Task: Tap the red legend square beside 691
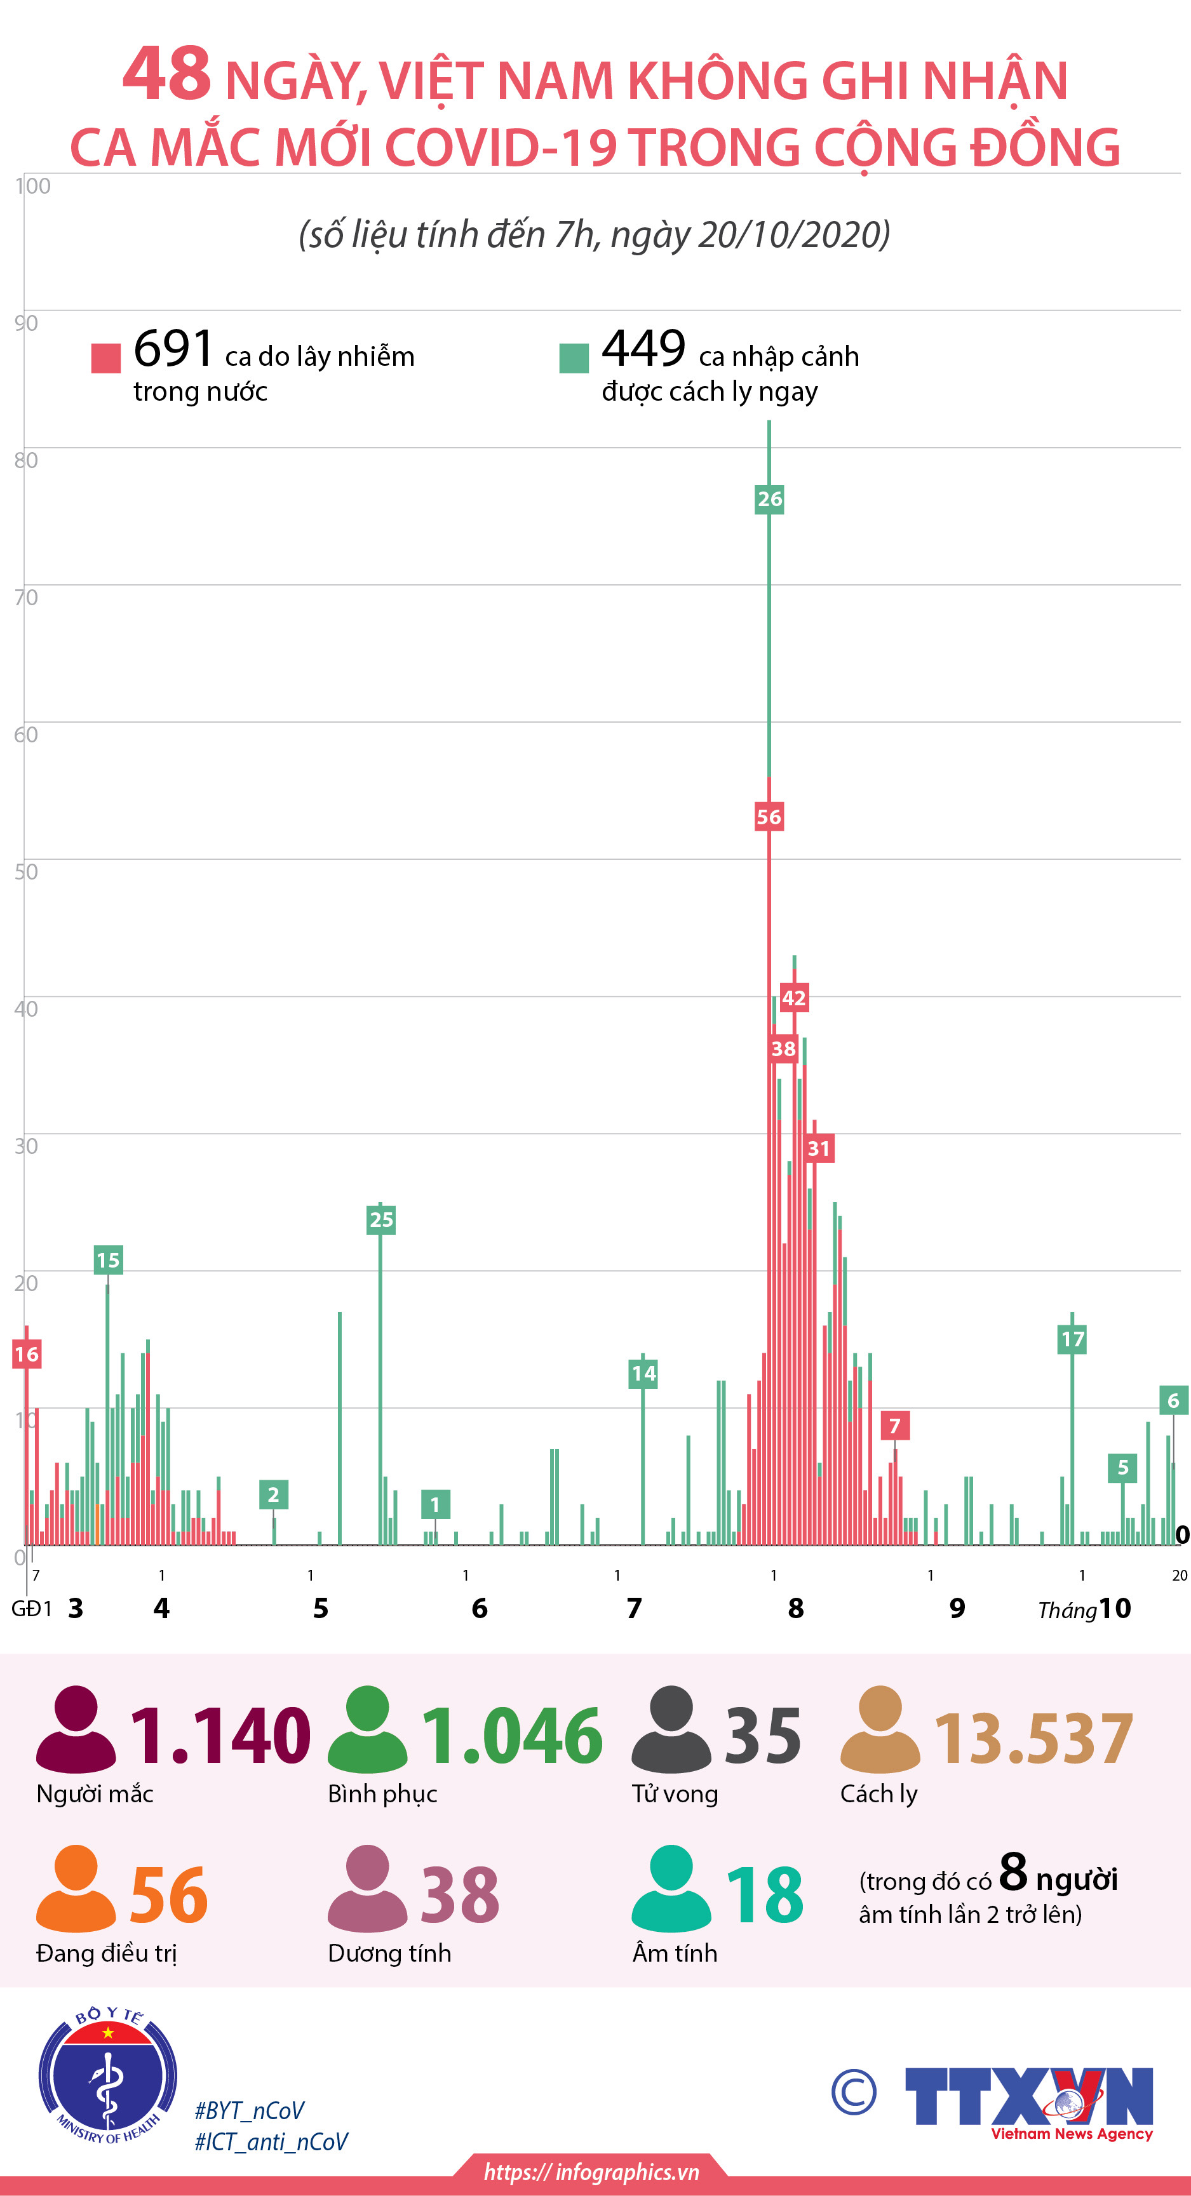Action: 105,358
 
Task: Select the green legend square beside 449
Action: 574,358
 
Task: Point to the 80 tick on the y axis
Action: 25,460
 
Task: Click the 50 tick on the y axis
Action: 25,871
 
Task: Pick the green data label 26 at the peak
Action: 769,499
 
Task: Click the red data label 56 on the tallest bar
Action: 768,817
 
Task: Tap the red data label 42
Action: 794,998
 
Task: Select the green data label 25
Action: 381,1220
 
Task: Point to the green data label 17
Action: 1072,1339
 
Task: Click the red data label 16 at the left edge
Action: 27,1354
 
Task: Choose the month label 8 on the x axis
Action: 795,1608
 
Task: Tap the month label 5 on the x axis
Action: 321,1608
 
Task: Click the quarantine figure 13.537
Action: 1033,1739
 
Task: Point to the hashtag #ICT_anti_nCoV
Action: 271,2142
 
